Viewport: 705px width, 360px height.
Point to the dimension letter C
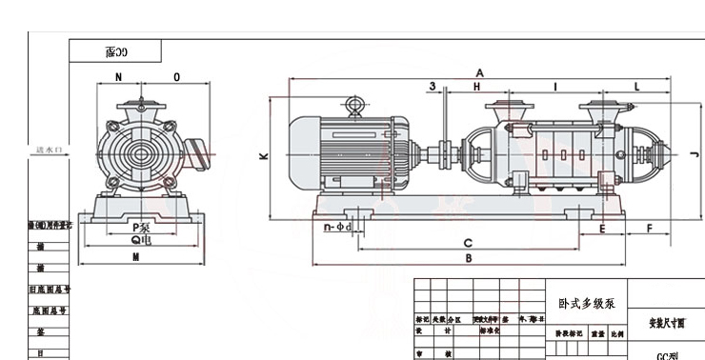469,241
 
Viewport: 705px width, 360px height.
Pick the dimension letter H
477,87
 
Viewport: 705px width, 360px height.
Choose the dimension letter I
554,87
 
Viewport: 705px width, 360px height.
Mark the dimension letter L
636,87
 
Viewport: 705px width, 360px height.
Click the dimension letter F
649,229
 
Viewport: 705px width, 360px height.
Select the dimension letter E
602,229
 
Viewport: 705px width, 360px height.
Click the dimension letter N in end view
119,76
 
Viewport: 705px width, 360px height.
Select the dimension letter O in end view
176,76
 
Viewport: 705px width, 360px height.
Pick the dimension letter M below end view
136,258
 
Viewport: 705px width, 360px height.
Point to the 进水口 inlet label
49,150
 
